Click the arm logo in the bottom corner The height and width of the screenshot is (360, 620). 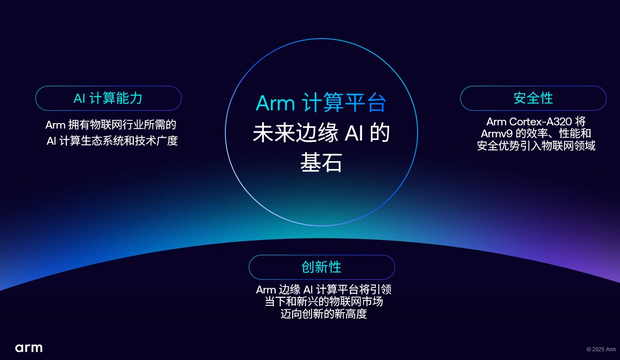(29, 348)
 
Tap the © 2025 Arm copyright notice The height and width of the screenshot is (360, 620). (601, 349)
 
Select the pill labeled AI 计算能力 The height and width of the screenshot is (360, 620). (108, 98)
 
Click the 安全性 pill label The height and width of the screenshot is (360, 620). (533, 98)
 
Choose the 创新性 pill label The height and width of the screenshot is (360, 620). (322, 267)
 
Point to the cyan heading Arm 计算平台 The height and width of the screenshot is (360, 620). (321, 103)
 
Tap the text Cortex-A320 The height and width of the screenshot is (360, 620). (540, 122)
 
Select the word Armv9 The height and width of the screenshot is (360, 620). (497, 134)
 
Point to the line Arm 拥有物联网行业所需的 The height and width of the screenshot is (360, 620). (111, 125)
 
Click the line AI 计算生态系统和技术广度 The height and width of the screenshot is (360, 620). (112, 141)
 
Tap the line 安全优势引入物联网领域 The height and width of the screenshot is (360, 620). (536, 146)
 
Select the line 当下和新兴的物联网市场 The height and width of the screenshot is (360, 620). (324, 302)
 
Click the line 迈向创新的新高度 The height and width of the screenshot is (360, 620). (324, 314)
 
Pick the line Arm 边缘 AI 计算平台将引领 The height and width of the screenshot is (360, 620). (324, 290)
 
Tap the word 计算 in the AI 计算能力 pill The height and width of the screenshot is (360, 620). (102, 98)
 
